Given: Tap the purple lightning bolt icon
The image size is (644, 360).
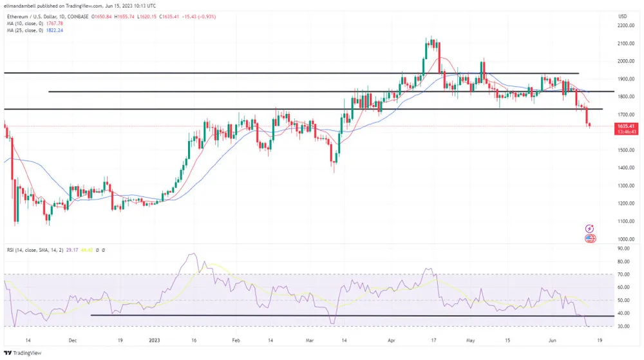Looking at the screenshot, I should (x=589, y=229).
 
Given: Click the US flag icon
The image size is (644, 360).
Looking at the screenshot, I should (x=590, y=239).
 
